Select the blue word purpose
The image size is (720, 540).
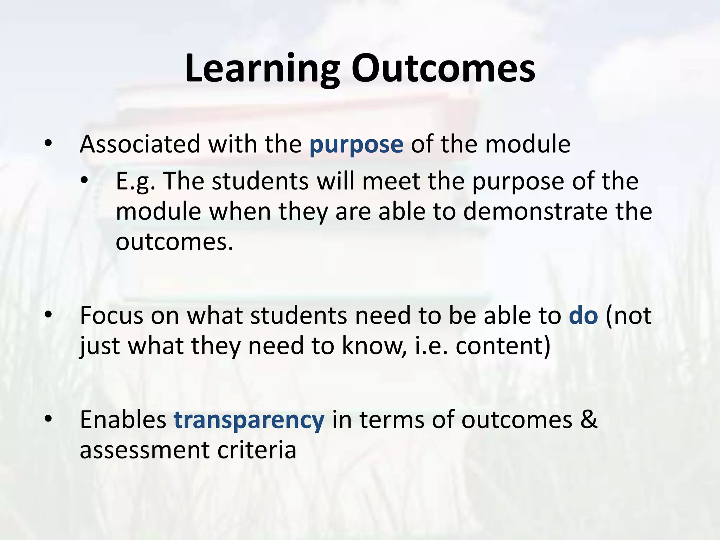pyautogui.click(x=356, y=145)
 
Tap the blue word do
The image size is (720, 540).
pyautogui.click(x=583, y=315)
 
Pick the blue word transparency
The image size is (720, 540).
pyautogui.click(x=249, y=420)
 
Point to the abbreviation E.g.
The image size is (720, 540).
pyautogui.click(x=136, y=182)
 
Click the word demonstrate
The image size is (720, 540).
pyautogui.click(x=535, y=212)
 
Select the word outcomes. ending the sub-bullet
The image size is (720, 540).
pyautogui.click(x=174, y=242)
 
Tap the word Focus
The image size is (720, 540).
pyautogui.click(x=111, y=315)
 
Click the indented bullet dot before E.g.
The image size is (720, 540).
pyautogui.click(x=84, y=181)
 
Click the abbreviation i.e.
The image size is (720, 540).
pyautogui.click(x=431, y=346)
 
